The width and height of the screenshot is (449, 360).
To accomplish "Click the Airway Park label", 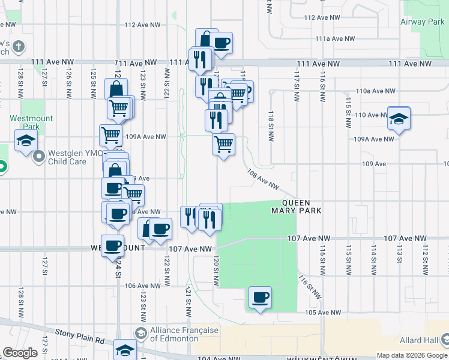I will tap(422, 22).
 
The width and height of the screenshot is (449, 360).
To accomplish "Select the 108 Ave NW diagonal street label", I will tap(263, 179).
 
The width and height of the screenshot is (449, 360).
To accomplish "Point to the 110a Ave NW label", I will tap(376, 91).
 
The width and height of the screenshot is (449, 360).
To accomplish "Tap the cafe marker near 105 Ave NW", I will tap(260, 298).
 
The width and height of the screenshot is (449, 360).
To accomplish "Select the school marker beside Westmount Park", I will tap(26, 142).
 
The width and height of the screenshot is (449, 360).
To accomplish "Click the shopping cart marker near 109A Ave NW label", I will tap(111, 136).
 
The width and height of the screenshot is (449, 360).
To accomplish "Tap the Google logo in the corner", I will tap(20, 353).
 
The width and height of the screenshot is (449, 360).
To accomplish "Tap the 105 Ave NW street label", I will tap(323, 313).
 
